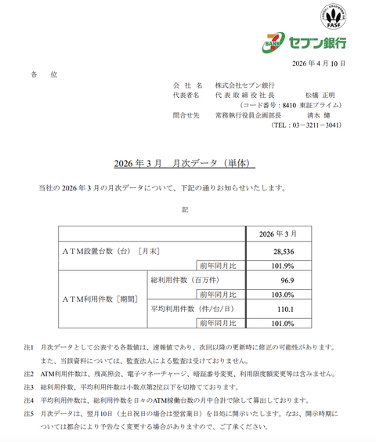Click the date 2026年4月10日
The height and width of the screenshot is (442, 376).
(x=317, y=63)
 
